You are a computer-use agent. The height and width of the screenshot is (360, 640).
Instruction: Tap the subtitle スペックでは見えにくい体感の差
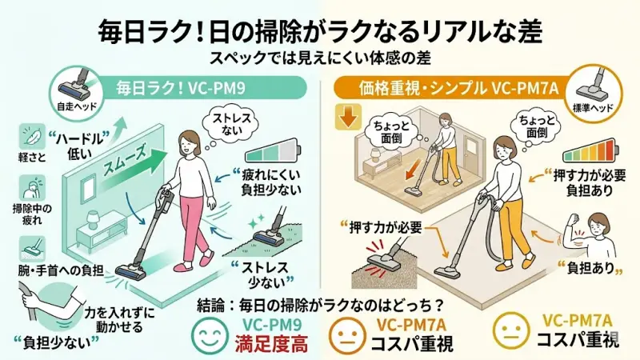320,58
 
